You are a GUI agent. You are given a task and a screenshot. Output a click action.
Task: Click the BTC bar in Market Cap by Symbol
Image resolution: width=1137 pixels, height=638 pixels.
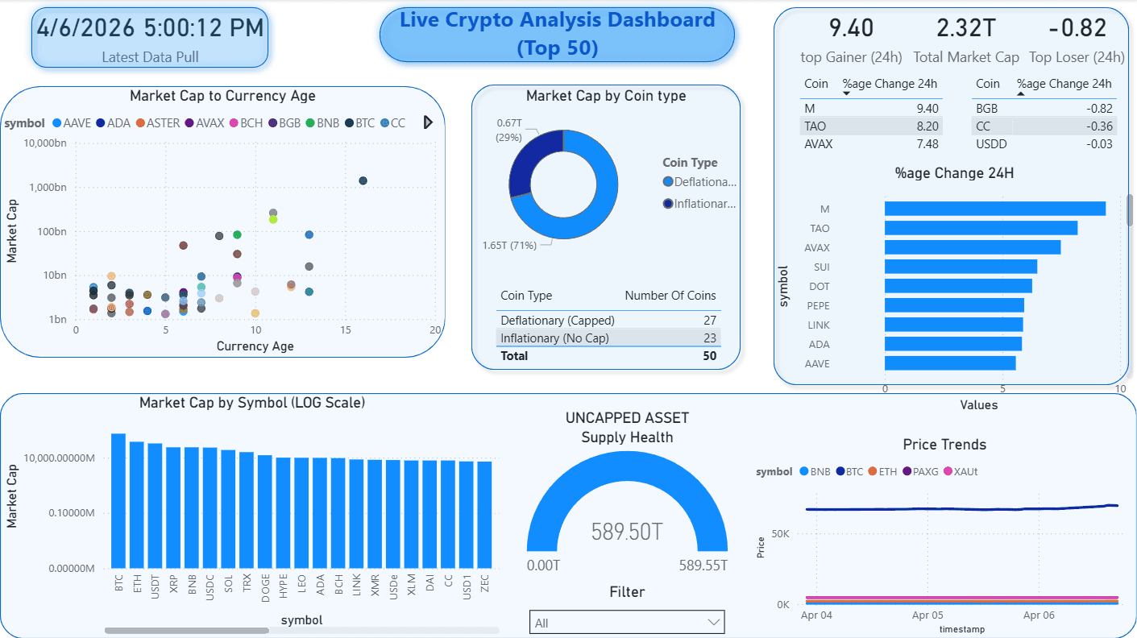coord(118,499)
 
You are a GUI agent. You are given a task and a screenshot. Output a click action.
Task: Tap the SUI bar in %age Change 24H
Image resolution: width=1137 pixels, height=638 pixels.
coord(961,267)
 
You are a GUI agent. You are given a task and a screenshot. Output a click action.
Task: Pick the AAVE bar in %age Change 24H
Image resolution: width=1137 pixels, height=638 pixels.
coord(950,363)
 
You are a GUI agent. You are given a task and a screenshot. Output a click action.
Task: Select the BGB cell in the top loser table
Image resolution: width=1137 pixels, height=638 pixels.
coord(987,109)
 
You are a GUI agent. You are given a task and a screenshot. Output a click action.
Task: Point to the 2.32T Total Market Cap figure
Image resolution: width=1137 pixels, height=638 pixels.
coord(965,28)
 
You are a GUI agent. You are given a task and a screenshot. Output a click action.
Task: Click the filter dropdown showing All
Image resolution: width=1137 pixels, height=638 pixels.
coord(627,623)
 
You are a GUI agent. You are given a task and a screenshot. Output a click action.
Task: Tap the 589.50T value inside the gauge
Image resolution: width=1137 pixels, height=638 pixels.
coord(627,532)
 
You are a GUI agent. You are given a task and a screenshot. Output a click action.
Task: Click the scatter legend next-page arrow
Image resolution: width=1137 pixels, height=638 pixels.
coord(428,122)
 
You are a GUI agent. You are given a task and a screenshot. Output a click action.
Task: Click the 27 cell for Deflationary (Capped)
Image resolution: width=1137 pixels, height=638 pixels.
coord(710,320)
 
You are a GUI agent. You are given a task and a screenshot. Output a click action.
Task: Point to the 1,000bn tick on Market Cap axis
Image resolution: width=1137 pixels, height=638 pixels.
coord(47,187)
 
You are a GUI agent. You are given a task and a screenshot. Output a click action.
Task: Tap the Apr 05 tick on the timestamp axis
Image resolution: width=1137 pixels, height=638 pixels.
coord(927,615)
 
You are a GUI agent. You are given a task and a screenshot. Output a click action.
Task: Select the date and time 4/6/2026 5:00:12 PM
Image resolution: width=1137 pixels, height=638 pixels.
coord(150,27)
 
